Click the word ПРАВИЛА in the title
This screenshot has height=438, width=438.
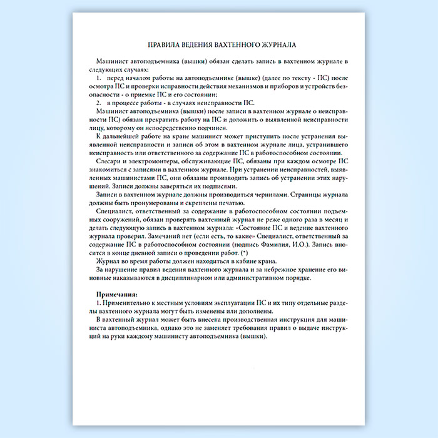point(163,45)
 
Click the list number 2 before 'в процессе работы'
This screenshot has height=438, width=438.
point(98,102)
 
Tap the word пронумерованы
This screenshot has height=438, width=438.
point(143,202)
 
